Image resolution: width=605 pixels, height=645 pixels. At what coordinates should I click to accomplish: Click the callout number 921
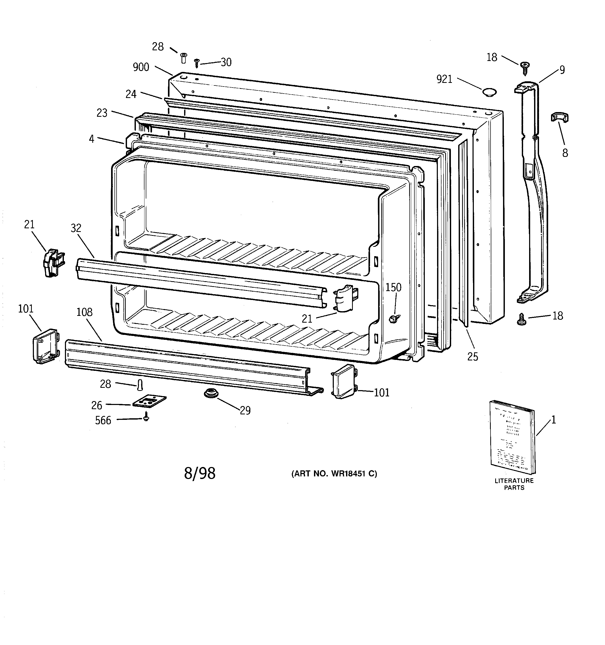(444, 79)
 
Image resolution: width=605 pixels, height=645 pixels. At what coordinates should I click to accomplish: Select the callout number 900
(141, 67)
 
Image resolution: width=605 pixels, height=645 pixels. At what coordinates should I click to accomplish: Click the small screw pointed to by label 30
(196, 63)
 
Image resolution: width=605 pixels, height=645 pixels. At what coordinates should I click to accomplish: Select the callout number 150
(393, 287)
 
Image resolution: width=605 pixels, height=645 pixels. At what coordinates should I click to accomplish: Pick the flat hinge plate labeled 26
(149, 401)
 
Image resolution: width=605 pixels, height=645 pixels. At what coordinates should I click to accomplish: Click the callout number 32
(76, 228)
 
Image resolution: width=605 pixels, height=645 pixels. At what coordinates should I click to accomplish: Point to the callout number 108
(84, 312)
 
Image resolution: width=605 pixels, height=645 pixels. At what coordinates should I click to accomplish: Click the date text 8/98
(200, 473)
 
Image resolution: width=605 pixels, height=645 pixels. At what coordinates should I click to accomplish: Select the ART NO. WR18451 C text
(334, 474)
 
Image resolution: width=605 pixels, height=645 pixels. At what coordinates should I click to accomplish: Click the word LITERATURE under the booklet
(514, 481)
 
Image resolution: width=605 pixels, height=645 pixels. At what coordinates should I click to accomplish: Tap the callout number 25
(473, 357)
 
